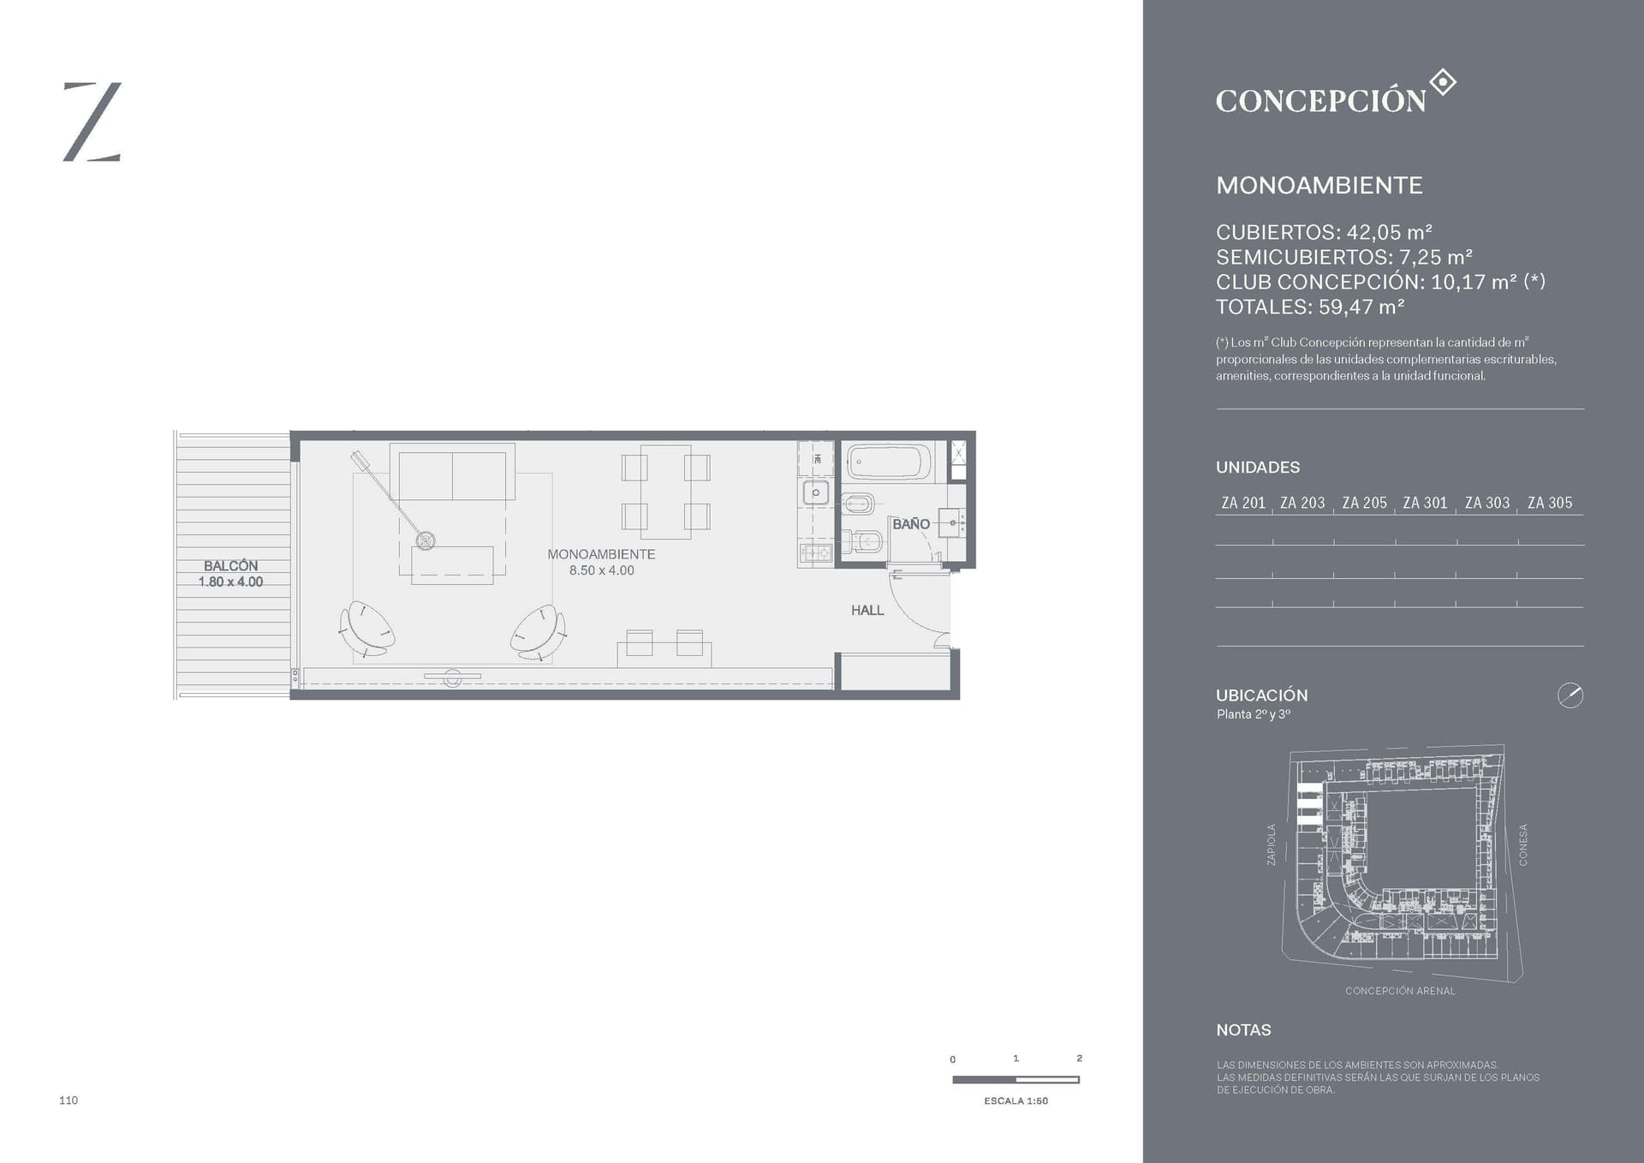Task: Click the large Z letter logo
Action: pos(92,122)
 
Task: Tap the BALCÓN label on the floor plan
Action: pos(230,565)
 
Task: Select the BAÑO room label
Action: pos(911,523)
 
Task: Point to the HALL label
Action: pos(867,610)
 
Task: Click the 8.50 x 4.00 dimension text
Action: pos(602,570)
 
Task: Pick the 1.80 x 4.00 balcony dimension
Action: pos(230,581)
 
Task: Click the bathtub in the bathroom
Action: pos(889,462)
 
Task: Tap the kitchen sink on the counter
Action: pos(815,492)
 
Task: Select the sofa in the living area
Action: pos(452,471)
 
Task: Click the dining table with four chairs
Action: pos(666,492)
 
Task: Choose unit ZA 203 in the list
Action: pos(1302,503)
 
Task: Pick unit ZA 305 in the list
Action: pos(1550,503)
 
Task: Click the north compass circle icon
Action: pos(1570,695)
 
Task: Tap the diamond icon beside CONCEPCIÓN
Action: pos(1443,82)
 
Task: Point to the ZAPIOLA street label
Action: pos(1271,844)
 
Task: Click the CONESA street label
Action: pos(1522,844)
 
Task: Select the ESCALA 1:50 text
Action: pos(1016,1100)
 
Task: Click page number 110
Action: pos(68,1100)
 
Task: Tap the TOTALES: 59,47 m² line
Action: pos(1310,307)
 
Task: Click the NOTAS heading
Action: pos(1243,1030)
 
